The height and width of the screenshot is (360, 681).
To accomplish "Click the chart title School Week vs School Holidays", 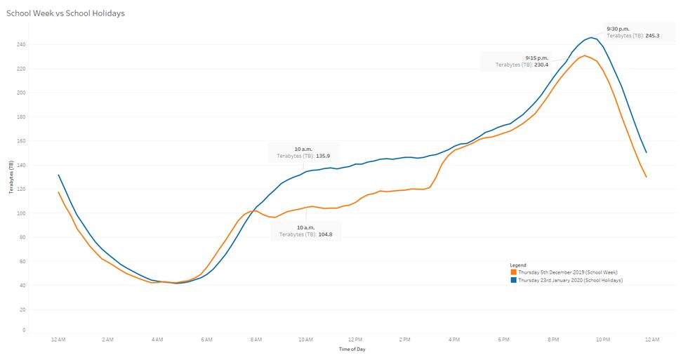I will (x=65, y=13).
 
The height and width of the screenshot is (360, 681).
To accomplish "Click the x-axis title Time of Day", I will (x=352, y=349).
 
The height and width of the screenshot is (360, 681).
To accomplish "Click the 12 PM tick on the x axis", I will (x=355, y=340).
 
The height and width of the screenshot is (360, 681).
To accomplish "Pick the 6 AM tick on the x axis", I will (x=206, y=340).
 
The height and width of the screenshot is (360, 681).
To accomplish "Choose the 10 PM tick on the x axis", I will (x=602, y=340).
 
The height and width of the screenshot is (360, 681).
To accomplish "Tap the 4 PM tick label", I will (x=454, y=340).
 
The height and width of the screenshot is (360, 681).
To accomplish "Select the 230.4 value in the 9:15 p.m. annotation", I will (x=540, y=65).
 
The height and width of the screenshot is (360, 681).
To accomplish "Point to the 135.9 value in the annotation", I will (x=324, y=156).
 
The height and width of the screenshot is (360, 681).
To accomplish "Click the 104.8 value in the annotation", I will (x=324, y=234).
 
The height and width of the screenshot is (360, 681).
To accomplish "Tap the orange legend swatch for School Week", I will (x=514, y=272).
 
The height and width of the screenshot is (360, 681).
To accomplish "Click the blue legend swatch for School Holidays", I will (x=514, y=280).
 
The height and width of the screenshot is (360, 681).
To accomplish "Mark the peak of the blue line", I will (x=590, y=37).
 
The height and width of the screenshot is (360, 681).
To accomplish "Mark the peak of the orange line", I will (x=584, y=55).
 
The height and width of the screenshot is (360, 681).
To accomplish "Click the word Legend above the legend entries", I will (x=518, y=265).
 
